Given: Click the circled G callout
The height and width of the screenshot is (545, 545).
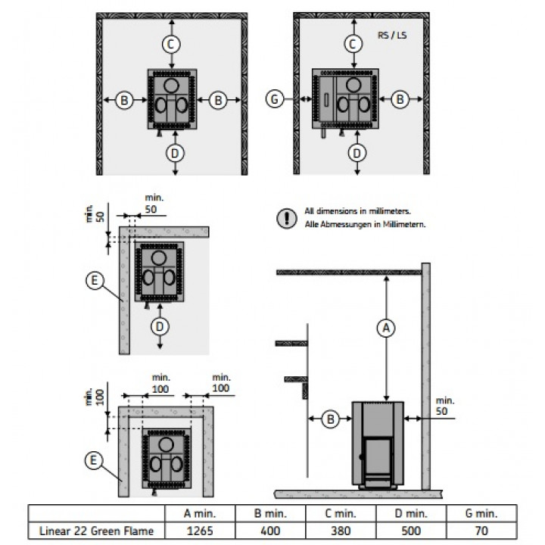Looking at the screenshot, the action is coord(275,99).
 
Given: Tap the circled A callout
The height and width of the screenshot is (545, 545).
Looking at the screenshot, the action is coord(386,328).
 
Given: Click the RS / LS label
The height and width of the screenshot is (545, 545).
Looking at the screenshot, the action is coord(392,35).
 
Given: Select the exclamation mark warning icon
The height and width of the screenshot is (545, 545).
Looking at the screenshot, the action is coord(287,218).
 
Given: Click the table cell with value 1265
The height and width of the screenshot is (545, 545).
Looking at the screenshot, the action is coord(200,531).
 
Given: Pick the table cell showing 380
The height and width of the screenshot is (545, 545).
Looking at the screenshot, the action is coord(341,531).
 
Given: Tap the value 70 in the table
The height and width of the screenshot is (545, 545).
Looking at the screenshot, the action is coord(481,531).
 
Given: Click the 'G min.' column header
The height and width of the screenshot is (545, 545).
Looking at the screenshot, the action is coord(481,513).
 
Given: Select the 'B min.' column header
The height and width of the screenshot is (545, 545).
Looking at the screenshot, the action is coord(270,513).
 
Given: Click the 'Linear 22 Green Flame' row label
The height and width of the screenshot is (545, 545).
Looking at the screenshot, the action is coord(96,531).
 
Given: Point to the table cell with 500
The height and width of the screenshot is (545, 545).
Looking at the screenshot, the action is coord(411,531).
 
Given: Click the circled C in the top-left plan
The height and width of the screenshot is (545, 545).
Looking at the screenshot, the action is coord(171,44).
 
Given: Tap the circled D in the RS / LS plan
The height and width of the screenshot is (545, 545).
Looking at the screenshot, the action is coord(357,153).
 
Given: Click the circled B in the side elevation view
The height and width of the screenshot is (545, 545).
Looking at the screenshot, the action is coord(330,419).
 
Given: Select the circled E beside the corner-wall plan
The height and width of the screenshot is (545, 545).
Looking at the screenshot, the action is coord(95,281).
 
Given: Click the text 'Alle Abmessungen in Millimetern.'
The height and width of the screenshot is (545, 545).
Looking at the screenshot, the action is coord(365,225).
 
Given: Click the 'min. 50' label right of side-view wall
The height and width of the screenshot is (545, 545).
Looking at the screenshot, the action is coord(445,406).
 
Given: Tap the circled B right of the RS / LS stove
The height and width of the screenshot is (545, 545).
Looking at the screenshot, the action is coord(400,99).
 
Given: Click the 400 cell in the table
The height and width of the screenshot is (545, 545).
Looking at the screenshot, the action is coord(270,531).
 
